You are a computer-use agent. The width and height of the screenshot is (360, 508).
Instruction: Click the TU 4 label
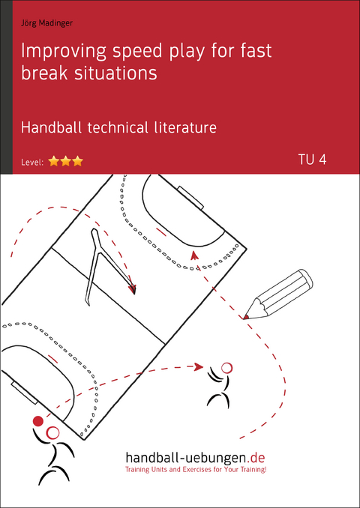(313, 159)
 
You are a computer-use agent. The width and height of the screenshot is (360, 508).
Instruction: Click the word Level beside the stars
(34, 161)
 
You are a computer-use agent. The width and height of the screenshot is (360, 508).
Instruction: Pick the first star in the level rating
(54, 160)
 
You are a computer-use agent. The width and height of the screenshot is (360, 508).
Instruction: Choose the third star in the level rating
(77, 160)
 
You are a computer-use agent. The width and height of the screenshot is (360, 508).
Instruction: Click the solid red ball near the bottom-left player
(38, 421)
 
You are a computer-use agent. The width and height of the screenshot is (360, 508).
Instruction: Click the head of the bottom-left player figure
(52, 432)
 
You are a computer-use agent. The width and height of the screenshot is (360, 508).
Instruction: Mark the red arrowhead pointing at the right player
(199, 366)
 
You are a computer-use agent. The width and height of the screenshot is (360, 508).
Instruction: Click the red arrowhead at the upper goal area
(194, 255)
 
